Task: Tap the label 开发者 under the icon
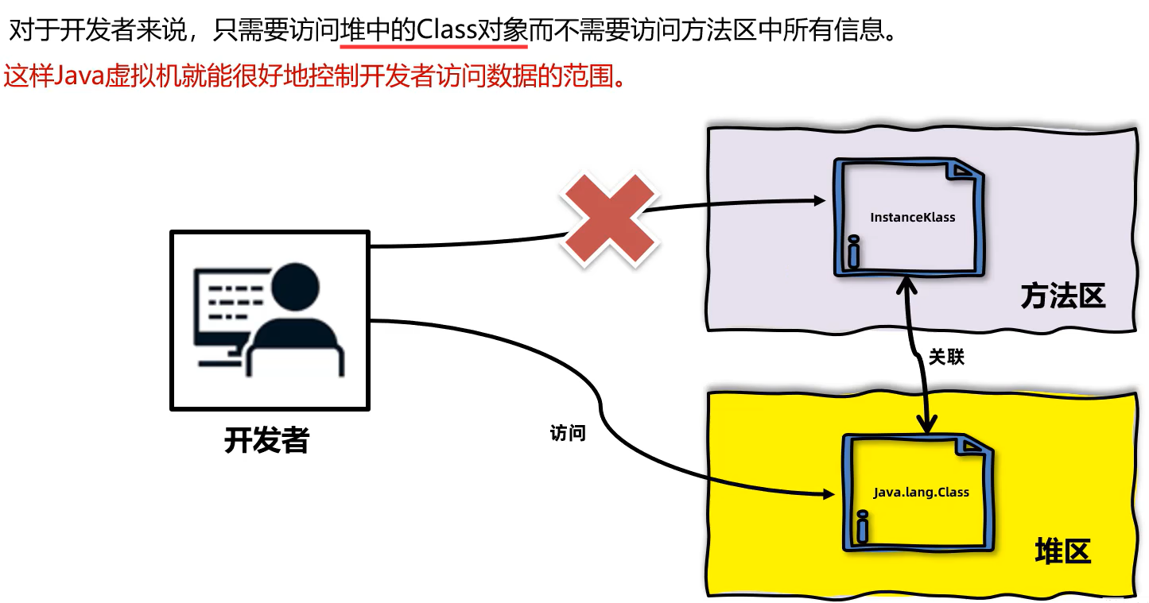(266, 439)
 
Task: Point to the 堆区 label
(1063, 550)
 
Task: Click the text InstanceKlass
(913, 217)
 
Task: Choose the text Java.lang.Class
(921, 492)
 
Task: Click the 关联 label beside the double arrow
(946, 358)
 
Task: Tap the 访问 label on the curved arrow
(568, 434)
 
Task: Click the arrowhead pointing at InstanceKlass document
(819, 201)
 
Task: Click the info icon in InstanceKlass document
(853, 252)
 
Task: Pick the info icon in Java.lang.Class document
(862, 525)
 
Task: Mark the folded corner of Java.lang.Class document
(975, 445)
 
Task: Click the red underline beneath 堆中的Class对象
(433, 47)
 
